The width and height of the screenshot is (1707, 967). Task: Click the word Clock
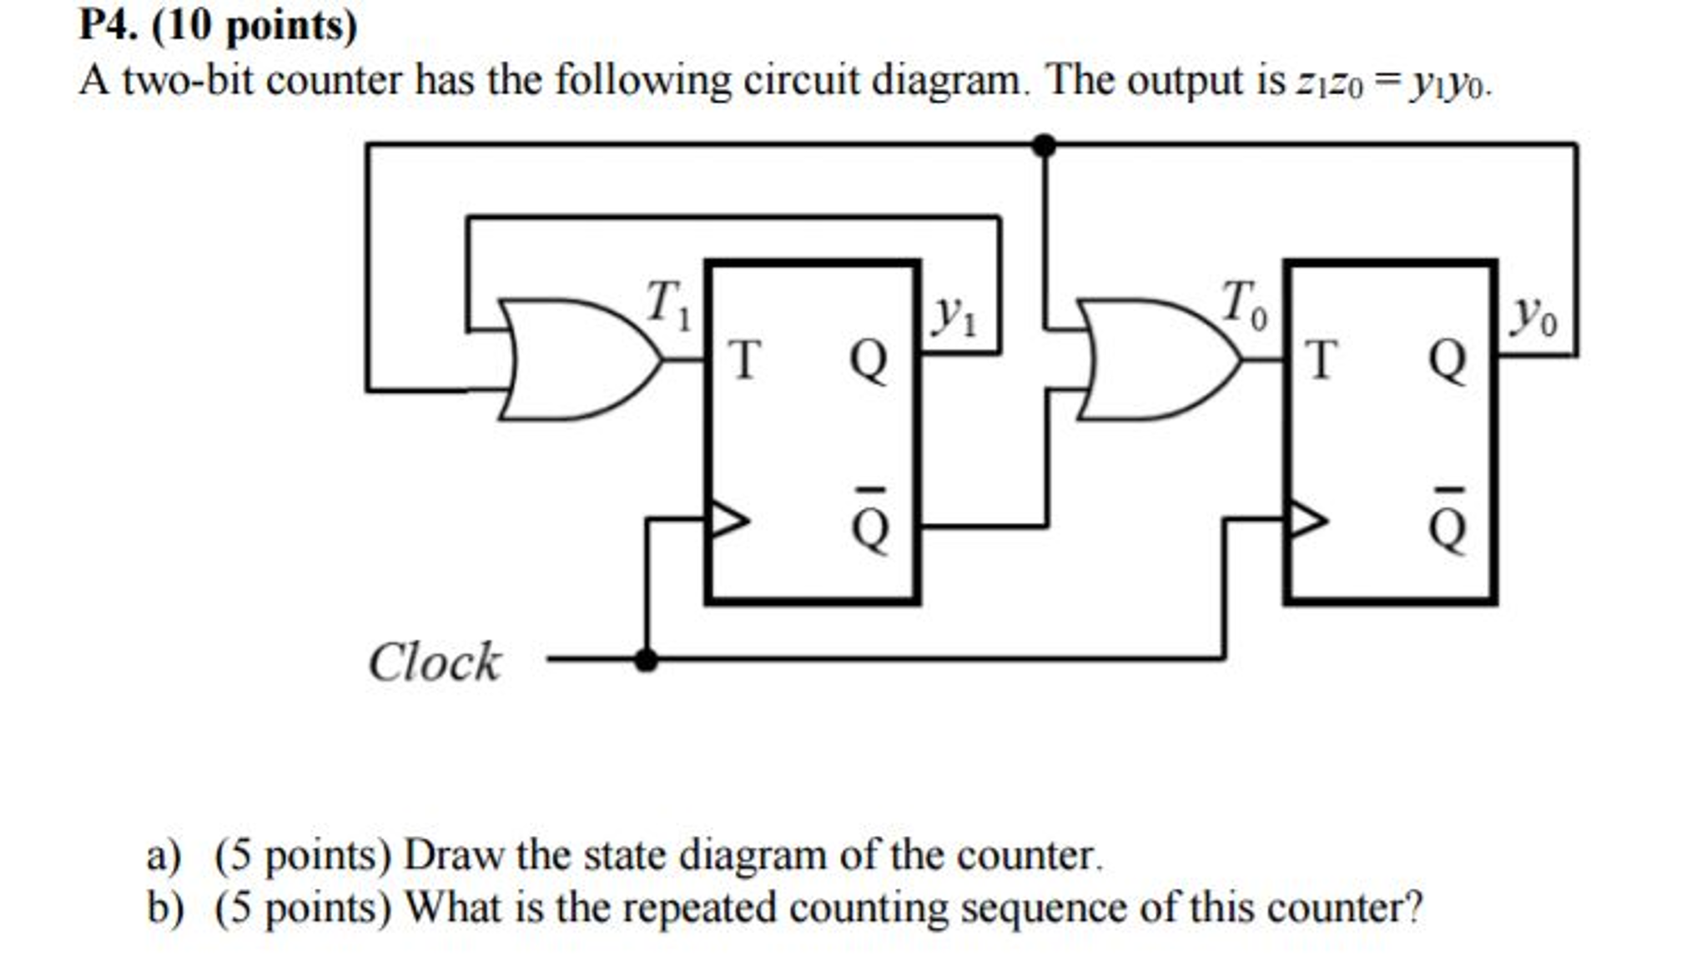[x=435, y=662]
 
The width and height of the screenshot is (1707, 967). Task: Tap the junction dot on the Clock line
[x=645, y=660]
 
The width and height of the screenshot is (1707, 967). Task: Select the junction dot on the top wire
[x=1043, y=145]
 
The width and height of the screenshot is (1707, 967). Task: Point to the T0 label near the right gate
[x=1244, y=305]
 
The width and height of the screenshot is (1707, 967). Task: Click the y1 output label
[x=954, y=316]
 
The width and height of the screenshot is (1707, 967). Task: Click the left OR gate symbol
[x=576, y=359]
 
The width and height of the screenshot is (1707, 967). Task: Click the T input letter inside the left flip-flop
[x=744, y=360]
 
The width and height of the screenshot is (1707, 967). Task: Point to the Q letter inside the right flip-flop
[x=1448, y=360]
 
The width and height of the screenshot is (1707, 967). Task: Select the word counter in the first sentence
[x=333, y=82]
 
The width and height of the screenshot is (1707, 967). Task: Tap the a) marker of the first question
[x=164, y=856]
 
